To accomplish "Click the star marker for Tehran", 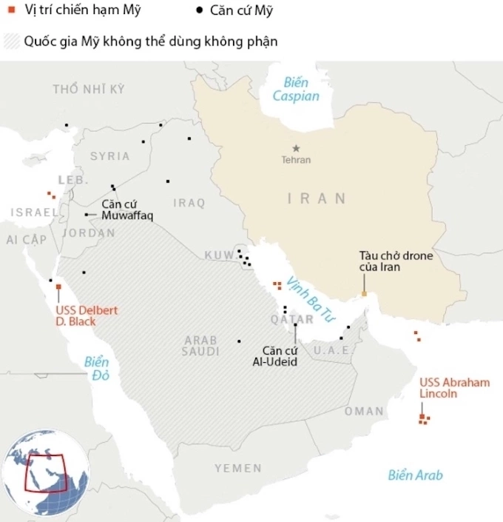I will [x=296, y=148].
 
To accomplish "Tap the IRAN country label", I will [x=317, y=198].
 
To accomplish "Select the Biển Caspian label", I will [x=296, y=90].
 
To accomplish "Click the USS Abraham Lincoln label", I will [x=454, y=388].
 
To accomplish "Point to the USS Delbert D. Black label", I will [x=87, y=315].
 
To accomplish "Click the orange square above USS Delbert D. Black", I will [x=58, y=287].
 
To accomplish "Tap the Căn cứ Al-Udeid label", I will [x=274, y=355].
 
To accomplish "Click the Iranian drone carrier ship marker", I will [x=364, y=295].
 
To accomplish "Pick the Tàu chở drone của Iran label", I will [x=385, y=261].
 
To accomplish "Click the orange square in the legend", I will [x=11, y=11].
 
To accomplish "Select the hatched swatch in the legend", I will [x=11, y=41].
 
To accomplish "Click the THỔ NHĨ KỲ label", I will [x=89, y=90].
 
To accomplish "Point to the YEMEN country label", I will [x=238, y=468].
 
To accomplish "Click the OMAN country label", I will [x=364, y=411].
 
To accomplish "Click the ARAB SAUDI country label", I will [x=201, y=346].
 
